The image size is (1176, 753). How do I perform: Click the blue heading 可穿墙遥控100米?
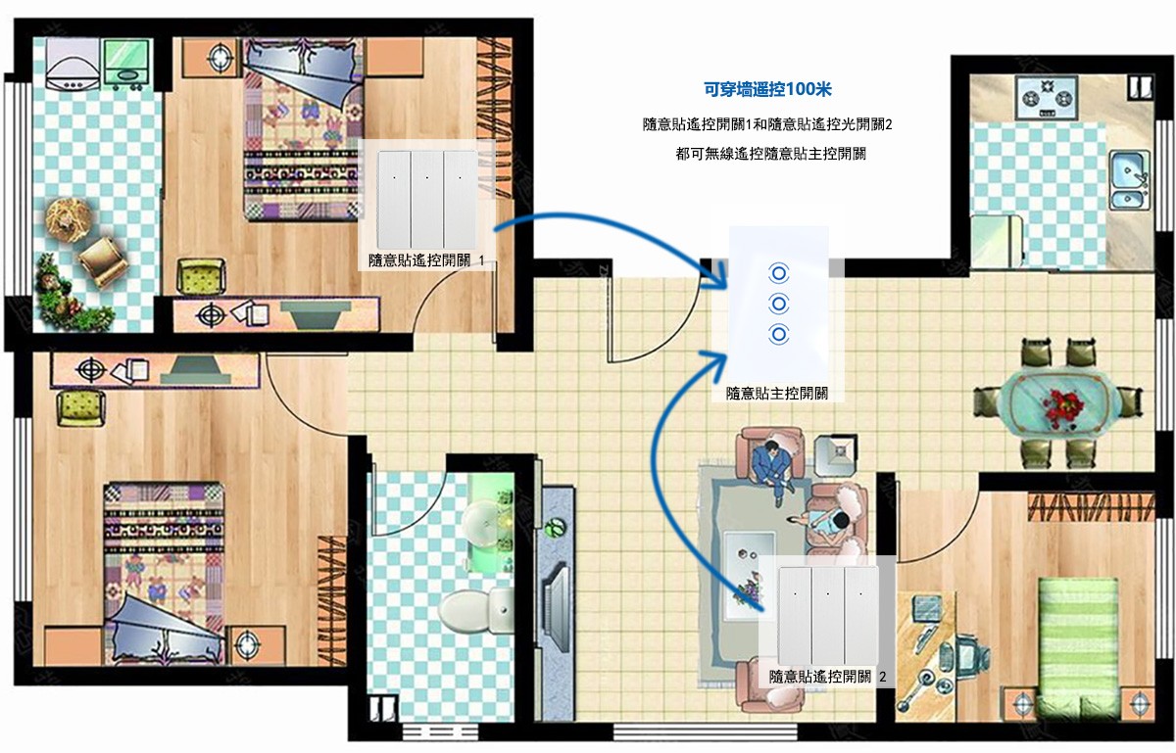pyautogui.click(x=767, y=89)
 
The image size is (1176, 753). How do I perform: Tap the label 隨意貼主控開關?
pyautogui.click(x=777, y=393)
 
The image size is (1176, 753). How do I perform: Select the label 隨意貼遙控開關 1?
pyautogui.click(x=425, y=259)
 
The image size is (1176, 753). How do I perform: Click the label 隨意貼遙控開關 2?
pyautogui.click(x=827, y=677)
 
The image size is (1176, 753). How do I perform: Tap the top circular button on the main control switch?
pyautogui.click(x=778, y=273)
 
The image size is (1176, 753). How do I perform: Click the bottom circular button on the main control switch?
pyautogui.click(x=778, y=334)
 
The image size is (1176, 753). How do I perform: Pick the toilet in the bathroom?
pyautogui.click(x=474, y=610)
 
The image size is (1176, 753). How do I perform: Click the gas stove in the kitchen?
pyautogui.click(x=1047, y=97)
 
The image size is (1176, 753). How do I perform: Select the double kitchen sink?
pyautogui.click(x=1129, y=180)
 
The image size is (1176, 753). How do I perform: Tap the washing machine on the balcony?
pyautogui.click(x=72, y=64)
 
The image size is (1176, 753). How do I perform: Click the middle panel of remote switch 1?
pyautogui.click(x=427, y=199)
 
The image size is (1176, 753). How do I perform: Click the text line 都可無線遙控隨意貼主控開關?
pyautogui.click(x=770, y=154)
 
